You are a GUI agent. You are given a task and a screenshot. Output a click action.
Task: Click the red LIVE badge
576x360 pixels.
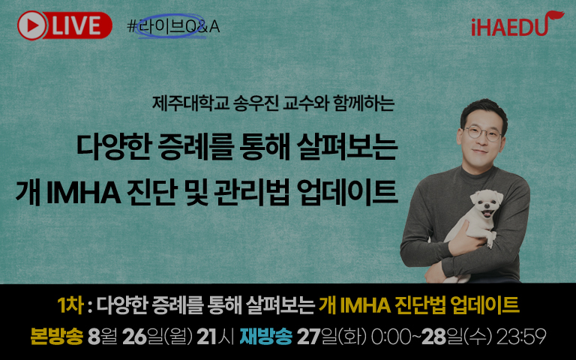pos(64,25)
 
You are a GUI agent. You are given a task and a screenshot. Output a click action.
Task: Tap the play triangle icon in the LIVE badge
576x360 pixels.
pos(33,25)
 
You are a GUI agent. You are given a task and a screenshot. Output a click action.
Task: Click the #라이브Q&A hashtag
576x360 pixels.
pos(173,26)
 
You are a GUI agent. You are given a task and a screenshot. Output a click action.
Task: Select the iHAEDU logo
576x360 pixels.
pos(517,25)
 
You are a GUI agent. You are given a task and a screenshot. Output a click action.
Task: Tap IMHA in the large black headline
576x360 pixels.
pos(84,192)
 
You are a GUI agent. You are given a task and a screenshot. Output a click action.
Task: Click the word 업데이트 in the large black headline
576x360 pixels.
pos(347,192)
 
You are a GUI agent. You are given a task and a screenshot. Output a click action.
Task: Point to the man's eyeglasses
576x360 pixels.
pos(484,133)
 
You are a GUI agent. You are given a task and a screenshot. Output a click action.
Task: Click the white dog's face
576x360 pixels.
pos(486,204)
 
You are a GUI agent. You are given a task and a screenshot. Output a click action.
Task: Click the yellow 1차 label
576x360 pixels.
pos(70,305)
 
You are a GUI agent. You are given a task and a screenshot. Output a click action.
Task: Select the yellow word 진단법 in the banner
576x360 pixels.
pos(420,305)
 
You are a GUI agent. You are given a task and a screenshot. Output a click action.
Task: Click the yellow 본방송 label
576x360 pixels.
pos(56,336)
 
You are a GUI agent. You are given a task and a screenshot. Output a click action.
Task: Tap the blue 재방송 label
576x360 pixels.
pos(266,336)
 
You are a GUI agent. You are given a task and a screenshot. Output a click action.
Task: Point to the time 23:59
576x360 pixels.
pos(521,337)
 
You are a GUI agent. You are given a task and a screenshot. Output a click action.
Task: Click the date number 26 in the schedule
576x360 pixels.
pos(134,337)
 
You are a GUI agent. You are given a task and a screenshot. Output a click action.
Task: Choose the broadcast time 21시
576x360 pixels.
pos(215,337)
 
